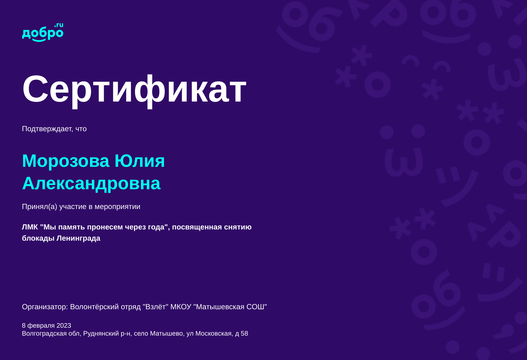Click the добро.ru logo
point(42,32)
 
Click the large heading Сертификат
point(134,89)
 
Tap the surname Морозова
point(66,161)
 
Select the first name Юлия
point(140,161)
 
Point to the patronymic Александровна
point(91,183)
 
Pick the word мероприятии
point(117,207)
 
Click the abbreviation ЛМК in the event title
point(30,227)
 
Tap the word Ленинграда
point(78,238)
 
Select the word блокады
point(38,238)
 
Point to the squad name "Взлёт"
point(155,307)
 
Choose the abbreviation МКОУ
point(180,307)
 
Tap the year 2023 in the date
point(64,326)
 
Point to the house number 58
point(244,334)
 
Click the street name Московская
point(213,334)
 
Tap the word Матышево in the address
point(166,334)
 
